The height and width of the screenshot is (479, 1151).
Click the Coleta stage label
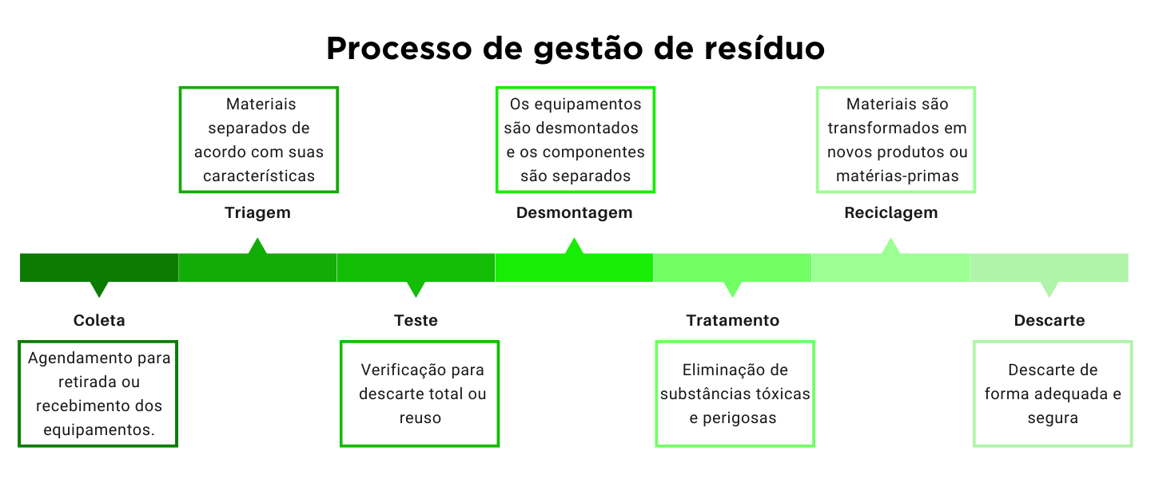click(x=99, y=321)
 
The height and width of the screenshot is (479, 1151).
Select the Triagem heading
click(x=257, y=213)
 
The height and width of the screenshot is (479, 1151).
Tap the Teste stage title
click(x=416, y=321)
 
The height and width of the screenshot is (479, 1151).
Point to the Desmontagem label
click(x=574, y=213)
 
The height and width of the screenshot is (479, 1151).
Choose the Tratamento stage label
click(x=732, y=321)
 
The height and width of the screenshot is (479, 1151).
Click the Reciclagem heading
click(x=890, y=213)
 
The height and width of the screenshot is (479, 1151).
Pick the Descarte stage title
click(x=1049, y=321)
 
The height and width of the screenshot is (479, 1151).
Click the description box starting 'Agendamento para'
click(x=98, y=394)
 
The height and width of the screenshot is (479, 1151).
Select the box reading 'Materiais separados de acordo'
click(x=259, y=140)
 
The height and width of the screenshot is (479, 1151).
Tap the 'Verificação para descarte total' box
click(x=420, y=394)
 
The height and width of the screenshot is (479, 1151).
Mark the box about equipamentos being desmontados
click(x=575, y=140)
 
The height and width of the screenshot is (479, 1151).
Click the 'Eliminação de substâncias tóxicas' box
click(x=735, y=394)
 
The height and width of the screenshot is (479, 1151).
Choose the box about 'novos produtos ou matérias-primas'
click(x=896, y=140)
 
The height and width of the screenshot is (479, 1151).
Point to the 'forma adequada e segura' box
click(x=1053, y=394)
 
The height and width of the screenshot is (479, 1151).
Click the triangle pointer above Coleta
click(x=99, y=289)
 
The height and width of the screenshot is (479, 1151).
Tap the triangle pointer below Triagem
click(x=257, y=246)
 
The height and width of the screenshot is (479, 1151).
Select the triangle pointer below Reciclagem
click(x=890, y=246)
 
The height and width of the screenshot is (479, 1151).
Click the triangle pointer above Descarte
click(x=1049, y=289)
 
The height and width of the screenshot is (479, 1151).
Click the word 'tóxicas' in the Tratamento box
click(x=782, y=394)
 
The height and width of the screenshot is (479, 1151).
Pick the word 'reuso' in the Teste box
click(x=420, y=418)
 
